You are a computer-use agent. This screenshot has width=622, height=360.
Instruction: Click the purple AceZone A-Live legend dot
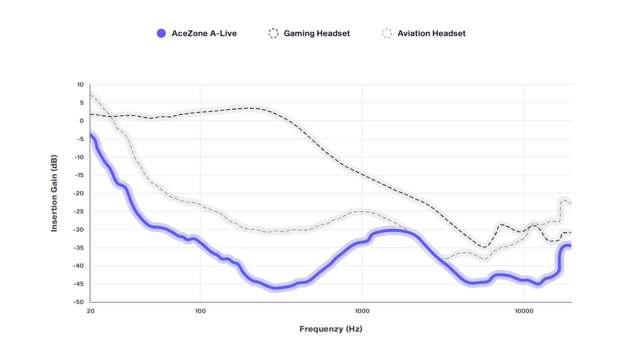coord(161,34)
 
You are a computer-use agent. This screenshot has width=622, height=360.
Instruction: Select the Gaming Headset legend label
coord(317,34)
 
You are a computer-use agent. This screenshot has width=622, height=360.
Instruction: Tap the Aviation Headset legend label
coord(432,34)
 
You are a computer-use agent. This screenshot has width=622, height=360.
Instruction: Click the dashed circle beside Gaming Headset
coord(274,34)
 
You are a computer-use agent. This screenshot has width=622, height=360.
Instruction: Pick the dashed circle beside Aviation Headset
coord(387,34)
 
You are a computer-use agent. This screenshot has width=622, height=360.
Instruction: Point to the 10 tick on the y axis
coord(80,85)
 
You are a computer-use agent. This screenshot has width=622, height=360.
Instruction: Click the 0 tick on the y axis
coord(82,121)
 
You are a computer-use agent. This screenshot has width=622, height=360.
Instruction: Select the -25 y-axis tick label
coord(79,211)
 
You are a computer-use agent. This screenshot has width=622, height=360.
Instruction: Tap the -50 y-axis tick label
coord(79,302)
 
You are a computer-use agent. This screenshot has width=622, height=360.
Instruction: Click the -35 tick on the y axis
coord(79,248)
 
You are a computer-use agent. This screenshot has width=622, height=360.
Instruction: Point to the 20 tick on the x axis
coord(90,311)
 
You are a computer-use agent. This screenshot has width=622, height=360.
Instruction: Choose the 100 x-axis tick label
coord(200,311)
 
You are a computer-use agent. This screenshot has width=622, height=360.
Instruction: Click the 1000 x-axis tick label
coord(362,311)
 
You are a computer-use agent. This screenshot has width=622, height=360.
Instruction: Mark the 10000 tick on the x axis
coord(523,311)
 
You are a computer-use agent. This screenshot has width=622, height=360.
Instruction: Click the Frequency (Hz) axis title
coord(331,329)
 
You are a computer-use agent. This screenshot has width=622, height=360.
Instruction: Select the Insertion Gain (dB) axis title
coord(54,193)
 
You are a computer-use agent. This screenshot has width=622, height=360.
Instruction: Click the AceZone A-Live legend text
coord(204,34)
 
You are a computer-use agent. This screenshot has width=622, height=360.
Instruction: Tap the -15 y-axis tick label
coord(79,175)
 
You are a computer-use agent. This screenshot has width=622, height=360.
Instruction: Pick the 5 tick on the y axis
coord(82,103)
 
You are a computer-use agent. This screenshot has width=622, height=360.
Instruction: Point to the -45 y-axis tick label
coord(79,284)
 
